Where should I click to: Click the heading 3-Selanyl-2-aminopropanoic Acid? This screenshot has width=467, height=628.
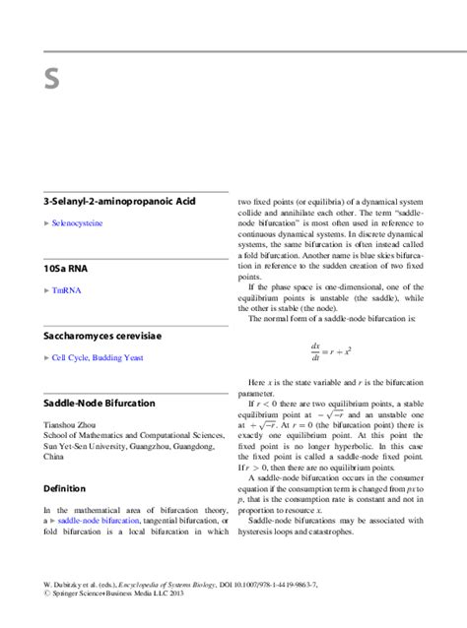click(x=112, y=201)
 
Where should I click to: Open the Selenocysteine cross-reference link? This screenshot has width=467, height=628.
click(x=80, y=223)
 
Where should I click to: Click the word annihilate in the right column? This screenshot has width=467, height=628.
click(x=299, y=213)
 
